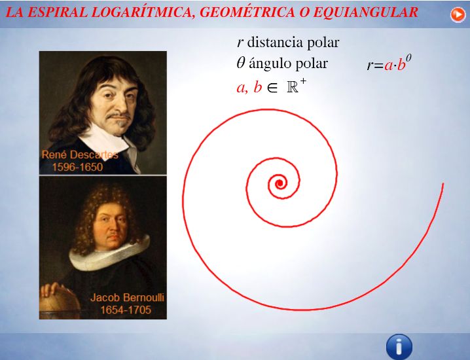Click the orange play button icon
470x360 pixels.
(458, 14)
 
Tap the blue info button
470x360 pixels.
(399, 347)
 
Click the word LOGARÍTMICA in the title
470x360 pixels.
(143, 12)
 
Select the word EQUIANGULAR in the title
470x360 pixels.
(365, 12)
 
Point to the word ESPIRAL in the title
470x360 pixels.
(58, 12)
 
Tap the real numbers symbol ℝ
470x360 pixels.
(293, 87)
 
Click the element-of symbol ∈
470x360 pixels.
(272, 88)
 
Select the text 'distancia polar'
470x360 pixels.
(293, 43)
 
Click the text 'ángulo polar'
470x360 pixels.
(289, 63)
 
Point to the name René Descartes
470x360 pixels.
(80, 154)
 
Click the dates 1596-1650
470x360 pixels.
(78, 167)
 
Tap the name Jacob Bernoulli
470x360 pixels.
(127, 297)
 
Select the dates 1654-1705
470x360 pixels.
(126, 310)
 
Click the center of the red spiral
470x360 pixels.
(280, 183)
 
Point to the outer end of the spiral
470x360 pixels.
(443, 184)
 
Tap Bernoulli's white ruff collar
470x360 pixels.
(109, 255)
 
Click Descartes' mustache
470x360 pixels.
(118, 116)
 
